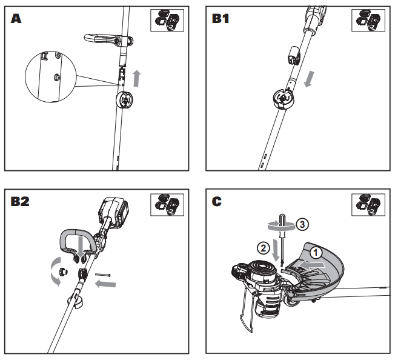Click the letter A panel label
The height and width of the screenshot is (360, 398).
pyautogui.click(x=16, y=18)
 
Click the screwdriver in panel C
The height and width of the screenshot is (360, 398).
pyautogui.click(x=280, y=239)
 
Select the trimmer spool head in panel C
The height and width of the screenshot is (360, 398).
pyautogui.click(x=260, y=275)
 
